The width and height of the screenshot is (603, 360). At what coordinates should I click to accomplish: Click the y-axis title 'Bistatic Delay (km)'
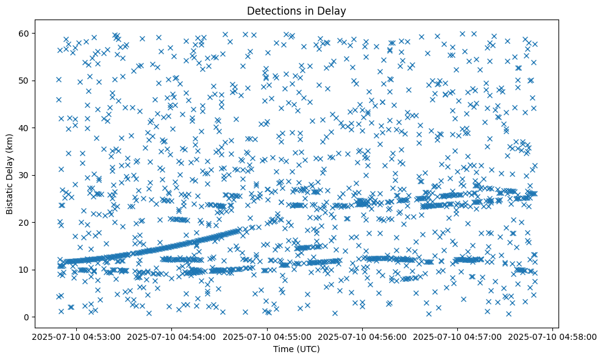click(10, 174)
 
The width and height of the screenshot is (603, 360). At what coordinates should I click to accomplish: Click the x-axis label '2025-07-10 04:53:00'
click(76, 337)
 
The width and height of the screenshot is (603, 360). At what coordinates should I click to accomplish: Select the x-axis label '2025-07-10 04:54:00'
click(171, 337)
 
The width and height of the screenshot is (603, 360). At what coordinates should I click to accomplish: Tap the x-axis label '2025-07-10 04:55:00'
click(267, 337)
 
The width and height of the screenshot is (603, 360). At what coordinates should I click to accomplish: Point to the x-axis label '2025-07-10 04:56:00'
click(363, 337)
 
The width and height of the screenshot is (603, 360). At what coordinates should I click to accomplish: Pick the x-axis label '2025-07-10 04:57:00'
click(458, 337)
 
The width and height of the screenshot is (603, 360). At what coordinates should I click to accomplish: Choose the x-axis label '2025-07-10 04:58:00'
click(553, 337)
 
